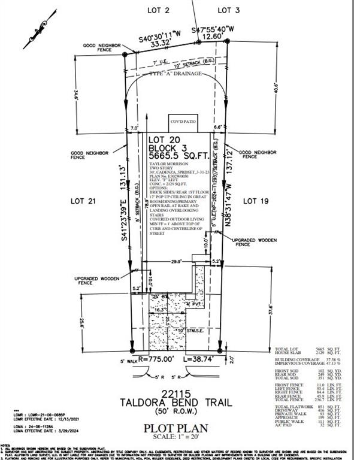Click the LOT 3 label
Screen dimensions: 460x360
coord(228,10)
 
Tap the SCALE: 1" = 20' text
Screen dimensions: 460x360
coord(179,437)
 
